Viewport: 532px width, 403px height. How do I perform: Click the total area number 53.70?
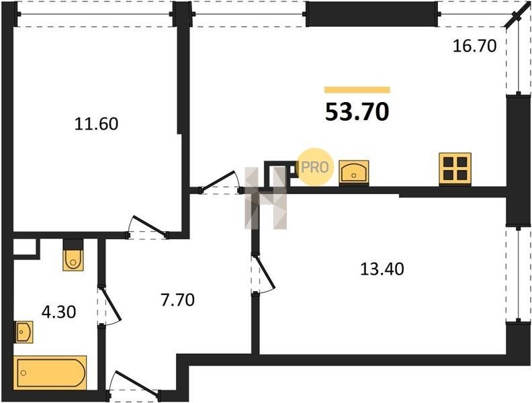[357, 112]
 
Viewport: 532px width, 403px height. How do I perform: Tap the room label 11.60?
[96, 124]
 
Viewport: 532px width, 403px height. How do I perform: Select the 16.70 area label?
[475, 46]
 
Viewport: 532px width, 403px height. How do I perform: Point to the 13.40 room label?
[382, 269]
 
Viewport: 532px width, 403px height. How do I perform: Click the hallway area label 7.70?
[177, 300]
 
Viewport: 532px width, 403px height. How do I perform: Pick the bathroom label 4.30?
[58, 312]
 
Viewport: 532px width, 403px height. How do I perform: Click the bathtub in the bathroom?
[50, 373]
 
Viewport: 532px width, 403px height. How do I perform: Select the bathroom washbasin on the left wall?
[24, 332]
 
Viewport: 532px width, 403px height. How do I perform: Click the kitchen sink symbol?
[354, 172]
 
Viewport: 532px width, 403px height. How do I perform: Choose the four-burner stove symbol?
[455, 169]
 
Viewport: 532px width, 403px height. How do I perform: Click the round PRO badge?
[315, 167]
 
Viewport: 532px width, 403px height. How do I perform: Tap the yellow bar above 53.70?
[357, 90]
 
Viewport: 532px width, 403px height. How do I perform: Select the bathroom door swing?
[110, 306]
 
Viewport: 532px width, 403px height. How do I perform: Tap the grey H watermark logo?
[265, 198]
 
